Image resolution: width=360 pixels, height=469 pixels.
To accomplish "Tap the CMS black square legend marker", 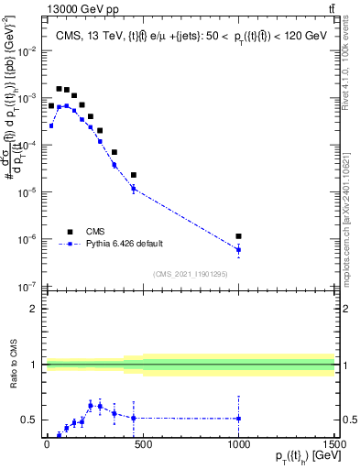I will click(x=68, y=232).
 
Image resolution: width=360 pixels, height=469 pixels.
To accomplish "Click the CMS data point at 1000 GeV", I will click(x=238, y=236).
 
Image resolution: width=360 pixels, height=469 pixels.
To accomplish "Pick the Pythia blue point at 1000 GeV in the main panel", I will click(x=238, y=249).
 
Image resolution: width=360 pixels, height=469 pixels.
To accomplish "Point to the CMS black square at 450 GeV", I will click(x=133, y=175).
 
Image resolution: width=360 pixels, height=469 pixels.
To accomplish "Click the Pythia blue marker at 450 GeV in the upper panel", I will click(x=133, y=189).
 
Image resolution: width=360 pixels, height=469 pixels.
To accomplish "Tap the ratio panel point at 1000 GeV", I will click(x=238, y=419).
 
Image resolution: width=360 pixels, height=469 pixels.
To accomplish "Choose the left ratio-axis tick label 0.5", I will click(x=30, y=420).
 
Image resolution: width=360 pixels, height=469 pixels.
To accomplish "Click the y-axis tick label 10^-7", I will click(x=27, y=287).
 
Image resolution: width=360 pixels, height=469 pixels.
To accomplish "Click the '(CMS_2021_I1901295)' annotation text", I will click(x=190, y=274).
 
